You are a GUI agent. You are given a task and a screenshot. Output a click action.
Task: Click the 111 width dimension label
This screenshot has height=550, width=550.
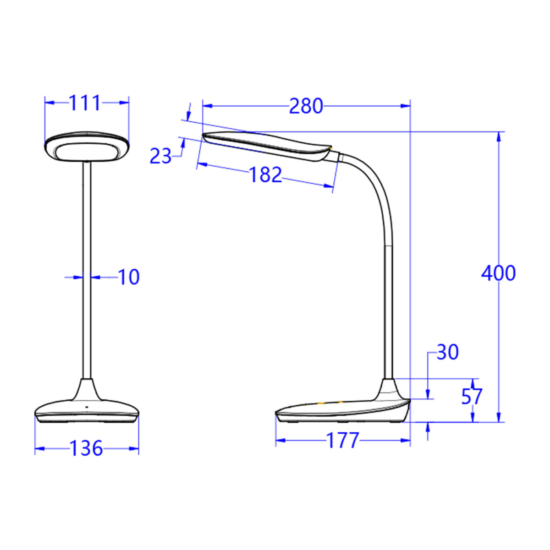click(85, 103)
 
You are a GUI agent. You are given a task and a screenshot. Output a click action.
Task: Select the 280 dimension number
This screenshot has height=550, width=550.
click(306, 106)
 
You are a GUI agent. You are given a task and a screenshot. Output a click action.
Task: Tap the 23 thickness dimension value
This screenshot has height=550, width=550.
click(160, 157)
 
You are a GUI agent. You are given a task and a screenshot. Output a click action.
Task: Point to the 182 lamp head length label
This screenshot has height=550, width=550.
click(265, 175)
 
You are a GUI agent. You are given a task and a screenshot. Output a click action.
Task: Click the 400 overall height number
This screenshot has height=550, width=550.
click(498, 273)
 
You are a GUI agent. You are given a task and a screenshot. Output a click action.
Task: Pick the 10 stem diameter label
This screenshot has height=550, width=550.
click(129, 277)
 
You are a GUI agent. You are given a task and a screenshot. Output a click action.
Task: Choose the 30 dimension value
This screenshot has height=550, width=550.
click(447, 353)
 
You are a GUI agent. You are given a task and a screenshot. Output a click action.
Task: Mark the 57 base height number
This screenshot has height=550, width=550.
click(472, 397)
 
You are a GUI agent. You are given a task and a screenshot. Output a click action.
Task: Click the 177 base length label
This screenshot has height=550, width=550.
click(342, 441)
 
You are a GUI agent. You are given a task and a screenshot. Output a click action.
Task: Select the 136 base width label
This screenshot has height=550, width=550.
click(86, 448)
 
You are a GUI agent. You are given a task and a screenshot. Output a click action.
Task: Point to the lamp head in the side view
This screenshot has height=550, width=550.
click(268, 144)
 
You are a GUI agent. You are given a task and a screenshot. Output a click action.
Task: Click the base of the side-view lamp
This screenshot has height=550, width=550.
click(344, 410)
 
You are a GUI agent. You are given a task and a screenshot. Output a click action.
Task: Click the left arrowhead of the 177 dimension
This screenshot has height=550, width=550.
click(280, 441)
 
